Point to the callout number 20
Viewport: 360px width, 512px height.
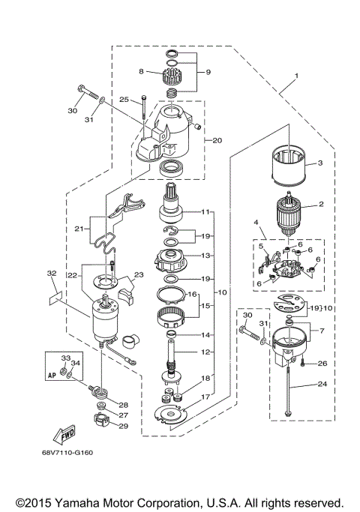coord(218,140)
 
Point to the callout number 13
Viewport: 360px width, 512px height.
coord(205,255)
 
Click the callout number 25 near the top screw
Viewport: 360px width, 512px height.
coord(124,99)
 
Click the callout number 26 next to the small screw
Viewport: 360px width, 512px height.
coord(322,364)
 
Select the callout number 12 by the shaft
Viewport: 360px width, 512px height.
coord(205,352)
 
